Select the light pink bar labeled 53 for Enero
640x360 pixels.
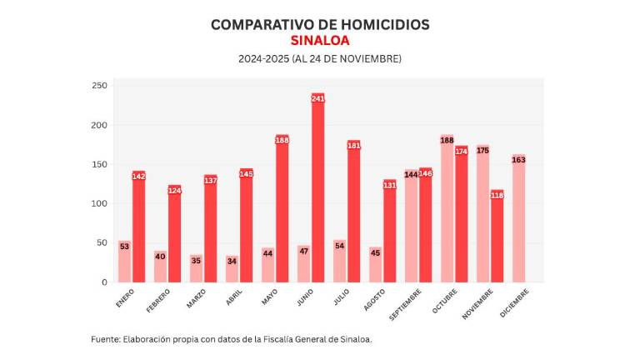pos(124,262)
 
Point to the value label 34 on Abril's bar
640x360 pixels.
pos(232,261)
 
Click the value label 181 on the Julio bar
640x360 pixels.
pos(353,146)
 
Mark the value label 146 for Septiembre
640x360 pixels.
pos(425,173)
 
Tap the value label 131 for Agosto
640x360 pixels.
pos(389,185)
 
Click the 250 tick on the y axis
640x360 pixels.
pos(99,86)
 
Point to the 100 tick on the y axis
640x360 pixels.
pos(99,204)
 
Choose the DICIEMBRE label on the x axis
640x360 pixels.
pos(512,302)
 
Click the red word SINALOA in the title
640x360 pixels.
pos(320,41)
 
